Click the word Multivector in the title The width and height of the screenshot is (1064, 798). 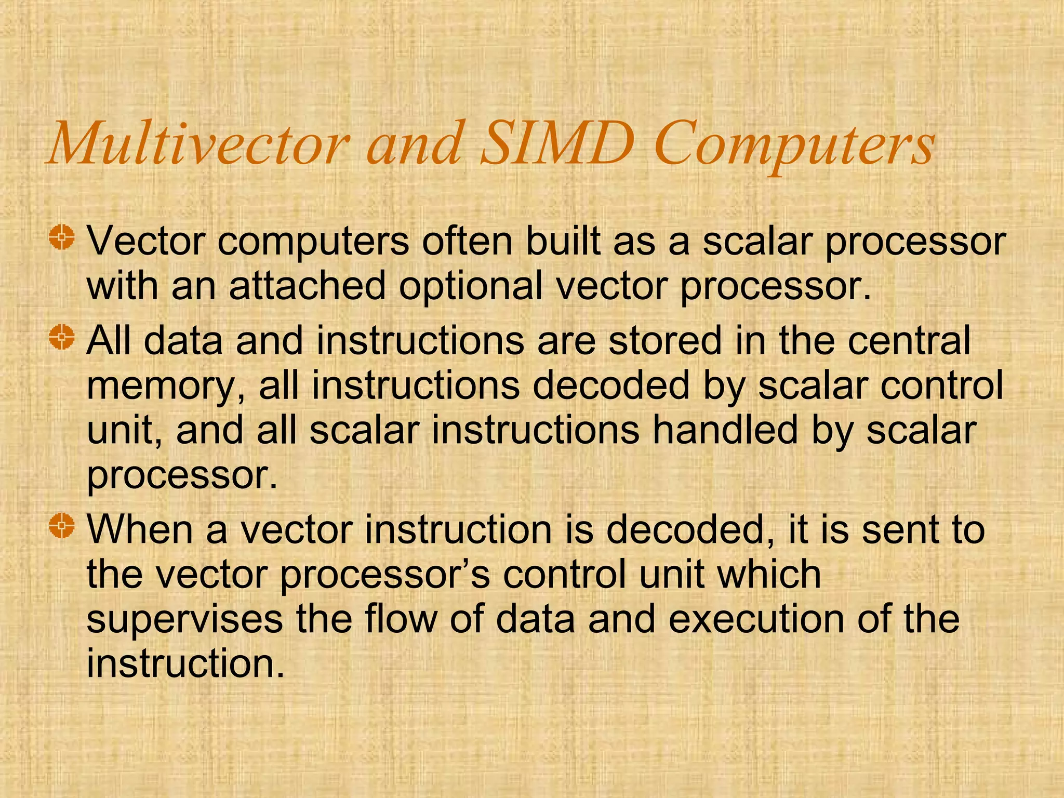(x=197, y=143)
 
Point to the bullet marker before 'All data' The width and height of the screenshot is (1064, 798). (x=62, y=338)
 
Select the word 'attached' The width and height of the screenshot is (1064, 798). (x=307, y=286)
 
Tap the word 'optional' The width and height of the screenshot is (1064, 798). (x=470, y=287)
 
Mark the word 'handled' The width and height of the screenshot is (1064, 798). (x=724, y=431)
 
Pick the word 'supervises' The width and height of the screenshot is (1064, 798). (x=184, y=620)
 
